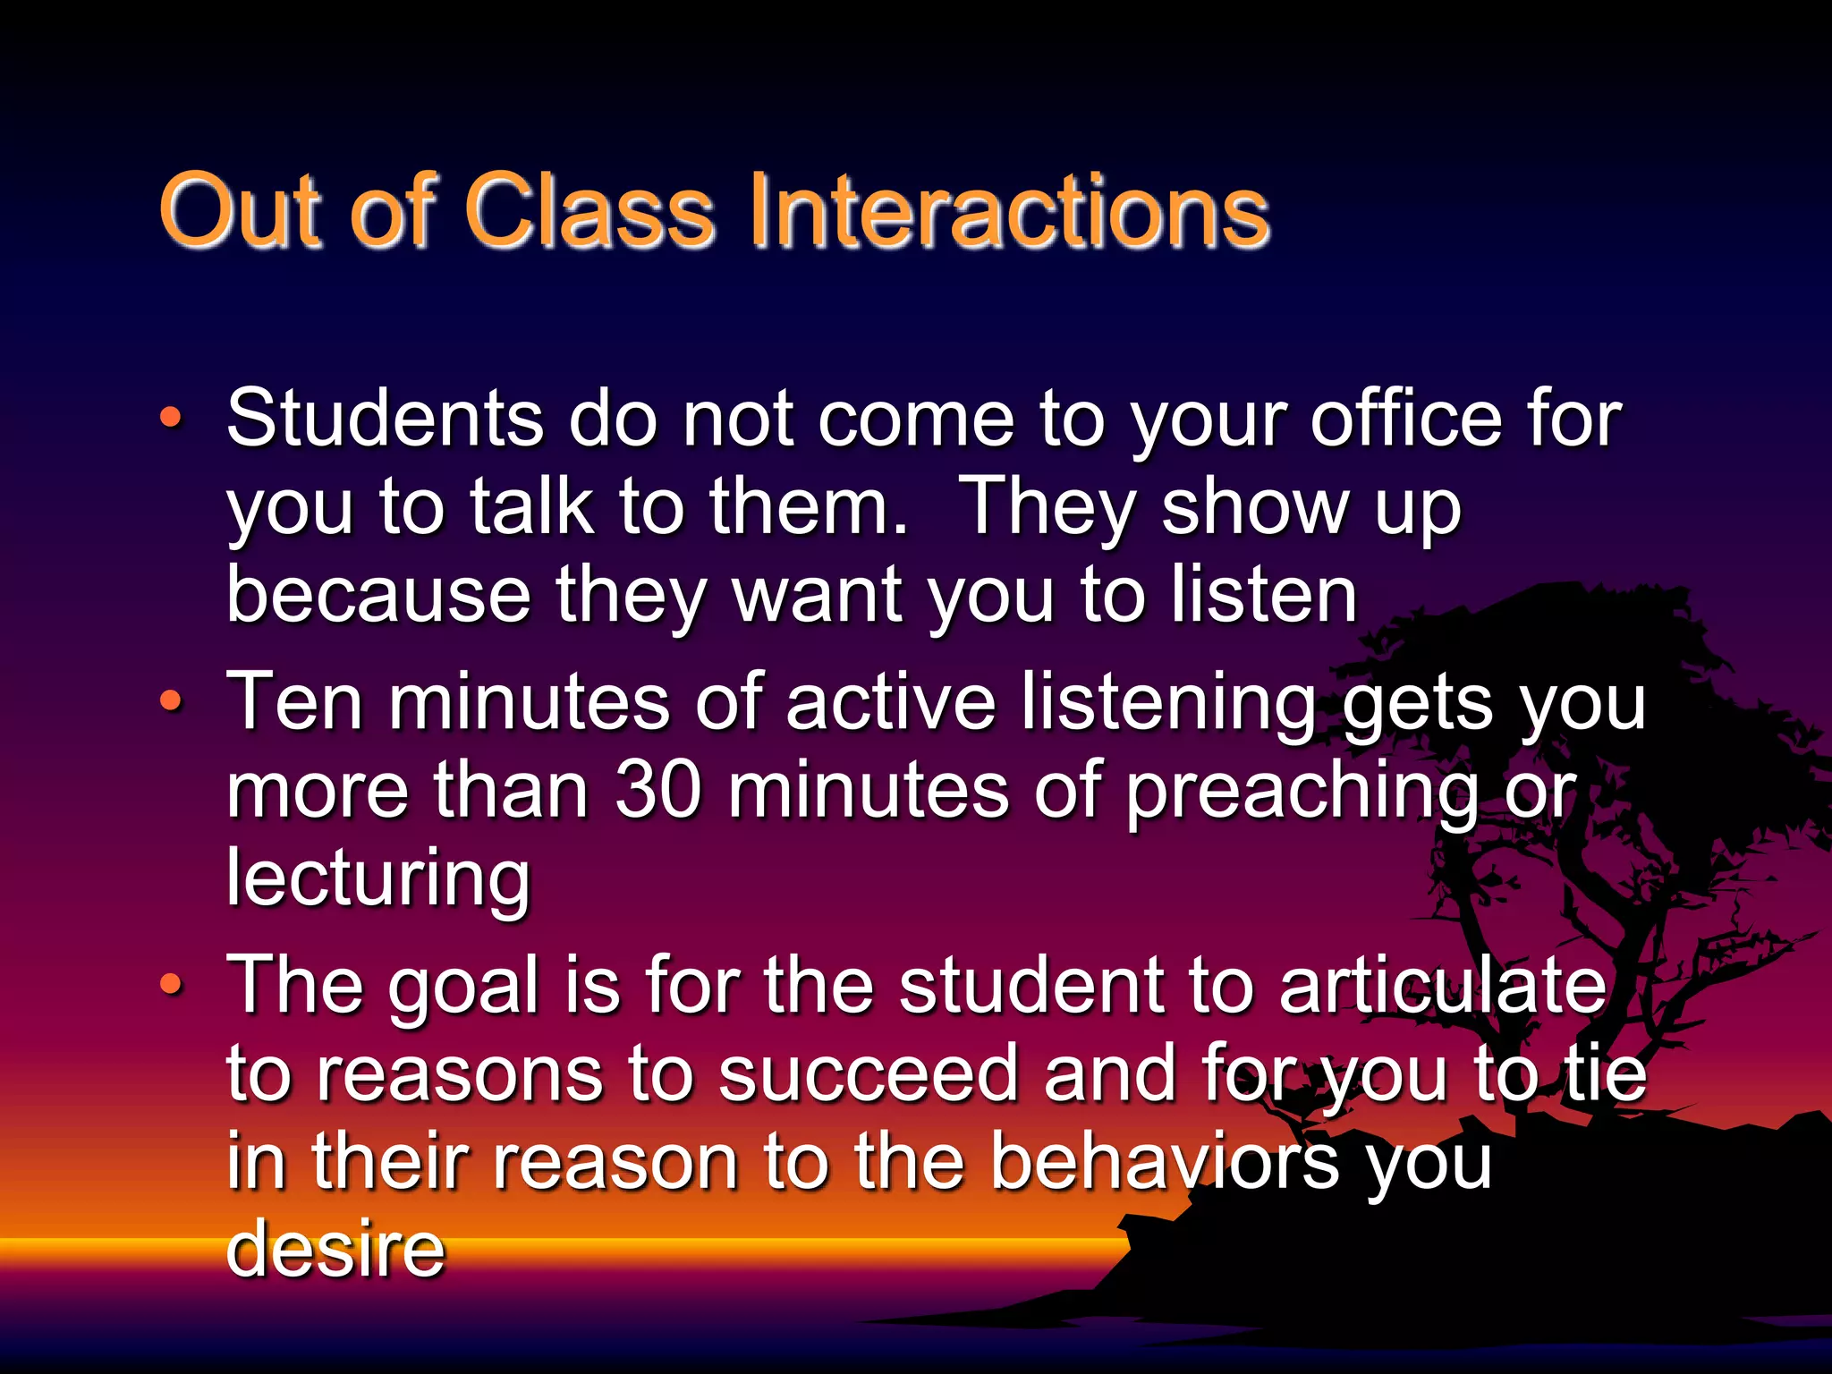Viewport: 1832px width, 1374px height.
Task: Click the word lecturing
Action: [378, 879]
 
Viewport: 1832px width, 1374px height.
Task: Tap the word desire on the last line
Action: [335, 1249]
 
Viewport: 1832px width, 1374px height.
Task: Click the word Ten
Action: [294, 702]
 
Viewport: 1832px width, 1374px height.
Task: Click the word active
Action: [891, 702]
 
